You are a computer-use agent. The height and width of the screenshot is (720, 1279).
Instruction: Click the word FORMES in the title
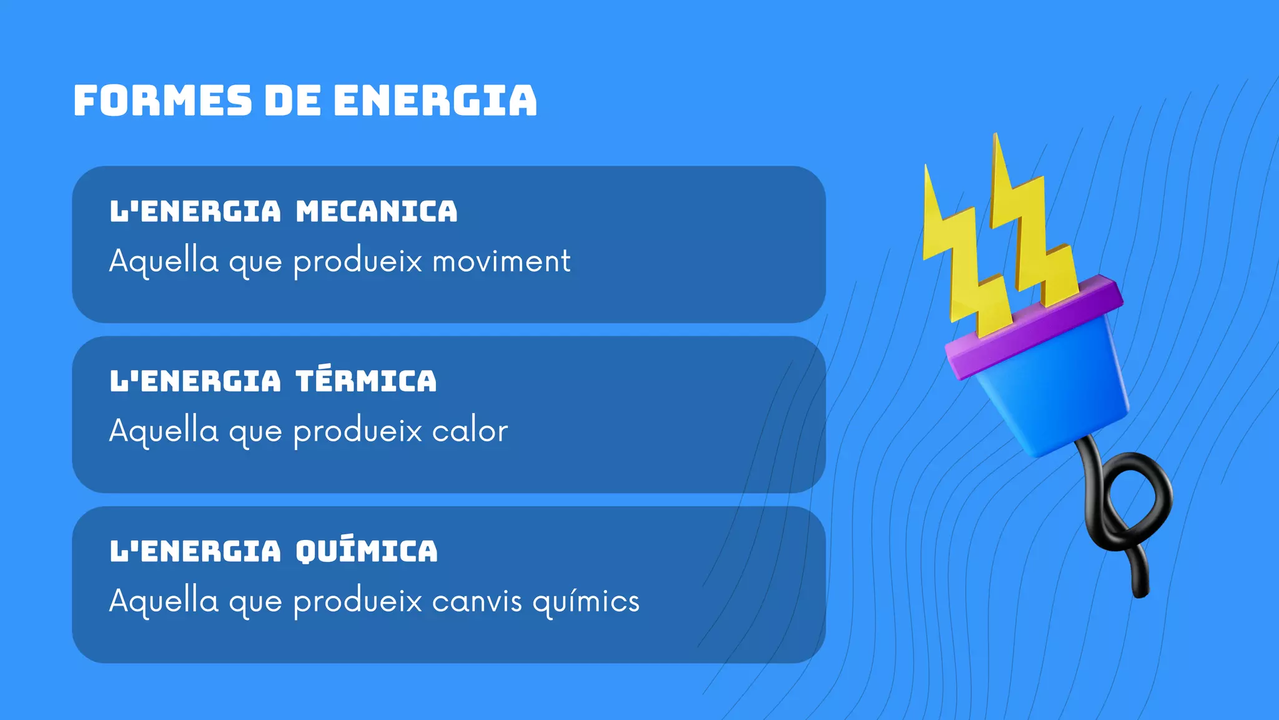[x=162, y=101]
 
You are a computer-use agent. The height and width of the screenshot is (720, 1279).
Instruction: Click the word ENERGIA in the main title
[x=435, y=101]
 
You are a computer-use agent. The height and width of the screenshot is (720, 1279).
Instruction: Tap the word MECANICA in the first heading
[x=377, y=211]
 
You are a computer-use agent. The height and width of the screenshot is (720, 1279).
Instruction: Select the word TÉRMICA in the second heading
[x=367, y=381]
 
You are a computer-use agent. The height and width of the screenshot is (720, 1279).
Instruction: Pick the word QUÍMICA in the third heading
[x=367, y=551]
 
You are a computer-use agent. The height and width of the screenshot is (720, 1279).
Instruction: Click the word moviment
[x=501, y=261]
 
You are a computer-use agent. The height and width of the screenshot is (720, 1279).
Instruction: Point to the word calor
[x=470, y=431]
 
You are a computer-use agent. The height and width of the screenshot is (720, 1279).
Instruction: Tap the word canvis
[x=477, y=601]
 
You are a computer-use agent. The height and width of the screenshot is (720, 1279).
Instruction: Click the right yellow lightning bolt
[x=1030, y=231]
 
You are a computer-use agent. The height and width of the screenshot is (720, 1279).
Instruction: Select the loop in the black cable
[x=1133, y=500]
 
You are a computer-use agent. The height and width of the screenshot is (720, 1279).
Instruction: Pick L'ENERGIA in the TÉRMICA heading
[x=195, y=381]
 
